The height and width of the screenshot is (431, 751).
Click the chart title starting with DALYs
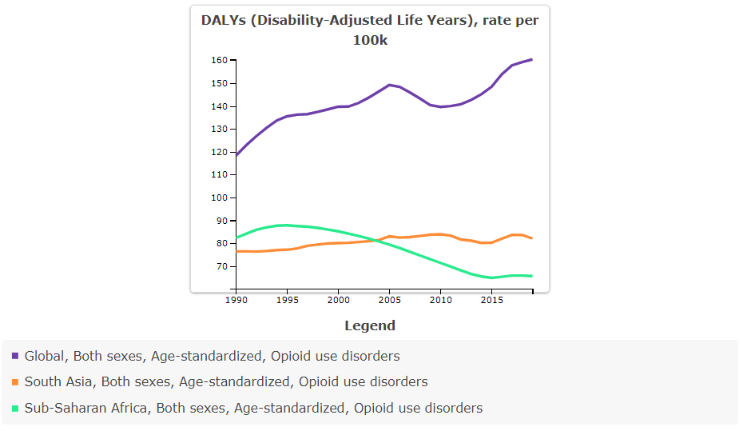[370, 30]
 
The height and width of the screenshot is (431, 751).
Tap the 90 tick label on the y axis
[221, 221]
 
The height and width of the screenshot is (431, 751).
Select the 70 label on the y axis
[221, 266]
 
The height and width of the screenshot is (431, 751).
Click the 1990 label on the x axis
[236, 300]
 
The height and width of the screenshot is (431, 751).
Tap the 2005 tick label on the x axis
[389, 300]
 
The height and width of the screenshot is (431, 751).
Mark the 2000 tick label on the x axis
[338, 300]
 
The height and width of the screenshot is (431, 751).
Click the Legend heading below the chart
[370, 325]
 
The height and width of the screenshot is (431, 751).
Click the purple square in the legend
[15, 356]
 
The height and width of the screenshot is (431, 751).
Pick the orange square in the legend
[15, 382]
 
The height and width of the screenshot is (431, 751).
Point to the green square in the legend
[15, 409]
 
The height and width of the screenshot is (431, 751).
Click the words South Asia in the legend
[58, 382]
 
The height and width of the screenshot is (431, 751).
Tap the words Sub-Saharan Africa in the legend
[85, 409]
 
